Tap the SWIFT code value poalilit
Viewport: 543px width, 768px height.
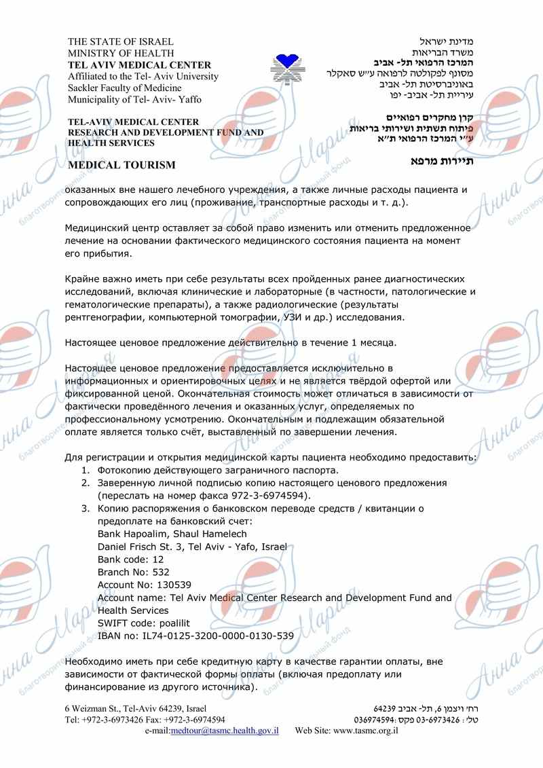tap(170, 623)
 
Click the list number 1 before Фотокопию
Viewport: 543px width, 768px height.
tap(85, 470)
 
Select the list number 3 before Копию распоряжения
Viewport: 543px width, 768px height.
tap(85, 508)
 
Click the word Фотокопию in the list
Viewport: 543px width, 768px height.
tap(126, 470)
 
